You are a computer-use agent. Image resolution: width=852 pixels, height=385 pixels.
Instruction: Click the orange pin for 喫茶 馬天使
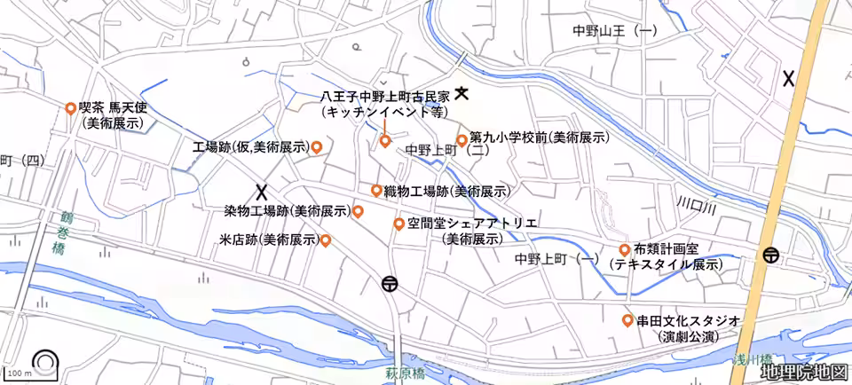(x=70, y=108)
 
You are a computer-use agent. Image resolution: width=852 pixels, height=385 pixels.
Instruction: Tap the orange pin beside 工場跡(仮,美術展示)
(x=316, y=146)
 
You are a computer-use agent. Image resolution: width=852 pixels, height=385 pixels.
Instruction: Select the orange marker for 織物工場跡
(x=376, y=191)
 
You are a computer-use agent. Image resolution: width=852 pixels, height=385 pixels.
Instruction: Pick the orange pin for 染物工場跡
(x=358, y=211)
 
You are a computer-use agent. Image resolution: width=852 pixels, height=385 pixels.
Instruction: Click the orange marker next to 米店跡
(x=326, y=240)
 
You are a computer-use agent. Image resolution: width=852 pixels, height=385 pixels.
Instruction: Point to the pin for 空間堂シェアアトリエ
(x=399, y=224)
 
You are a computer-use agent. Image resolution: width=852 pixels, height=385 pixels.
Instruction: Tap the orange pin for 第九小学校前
(x=461, y=140)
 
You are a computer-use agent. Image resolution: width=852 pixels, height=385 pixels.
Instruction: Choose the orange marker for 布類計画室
(x=626, y=249)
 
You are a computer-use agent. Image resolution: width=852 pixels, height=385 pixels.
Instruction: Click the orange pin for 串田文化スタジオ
(x=627, y=319)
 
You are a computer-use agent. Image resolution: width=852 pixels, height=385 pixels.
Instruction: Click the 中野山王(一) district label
(x=615, y=31)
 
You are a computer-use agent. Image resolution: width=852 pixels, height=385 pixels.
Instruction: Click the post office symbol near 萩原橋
(x=390, y=285)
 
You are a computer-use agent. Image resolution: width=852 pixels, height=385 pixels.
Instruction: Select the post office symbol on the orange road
(x=769, y=255)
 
